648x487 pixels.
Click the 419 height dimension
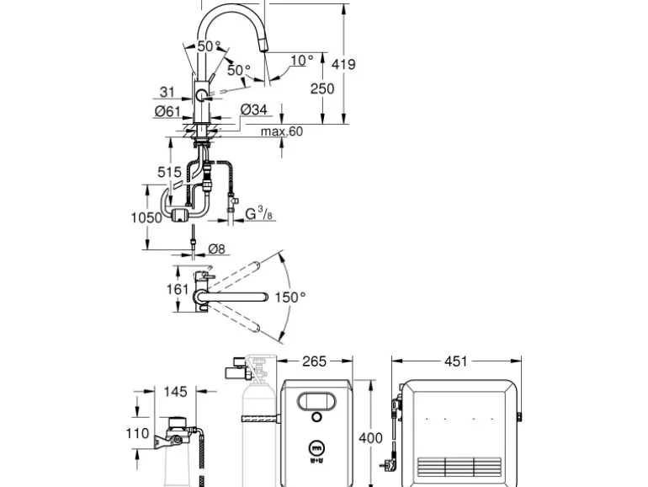click(343, 65)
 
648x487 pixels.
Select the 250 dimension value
click(322, 88)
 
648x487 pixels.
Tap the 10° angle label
click(302, 61)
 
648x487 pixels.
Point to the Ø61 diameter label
click(167, 111)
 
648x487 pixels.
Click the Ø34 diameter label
click(254, 110)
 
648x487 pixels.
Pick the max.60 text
click(282, 131)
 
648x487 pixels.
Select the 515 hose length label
click(169, 172)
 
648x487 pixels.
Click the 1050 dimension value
click(146, 217)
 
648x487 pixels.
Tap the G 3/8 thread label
click(258, 213)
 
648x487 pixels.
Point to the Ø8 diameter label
click(216, 249)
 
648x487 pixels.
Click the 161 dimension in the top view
click(178, 289)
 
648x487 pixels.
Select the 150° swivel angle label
click(290, 297)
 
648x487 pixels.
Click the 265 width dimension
click(315, 361)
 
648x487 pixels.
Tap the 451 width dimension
click(456, 361)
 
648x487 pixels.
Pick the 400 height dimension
click(370, 438)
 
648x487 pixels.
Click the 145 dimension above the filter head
click(176, 392)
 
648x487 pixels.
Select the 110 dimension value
click(138, 433)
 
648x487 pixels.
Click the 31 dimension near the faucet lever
click(167, 92)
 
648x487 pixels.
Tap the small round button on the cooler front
click(316, 417)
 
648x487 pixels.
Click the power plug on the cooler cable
click(386, 465)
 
